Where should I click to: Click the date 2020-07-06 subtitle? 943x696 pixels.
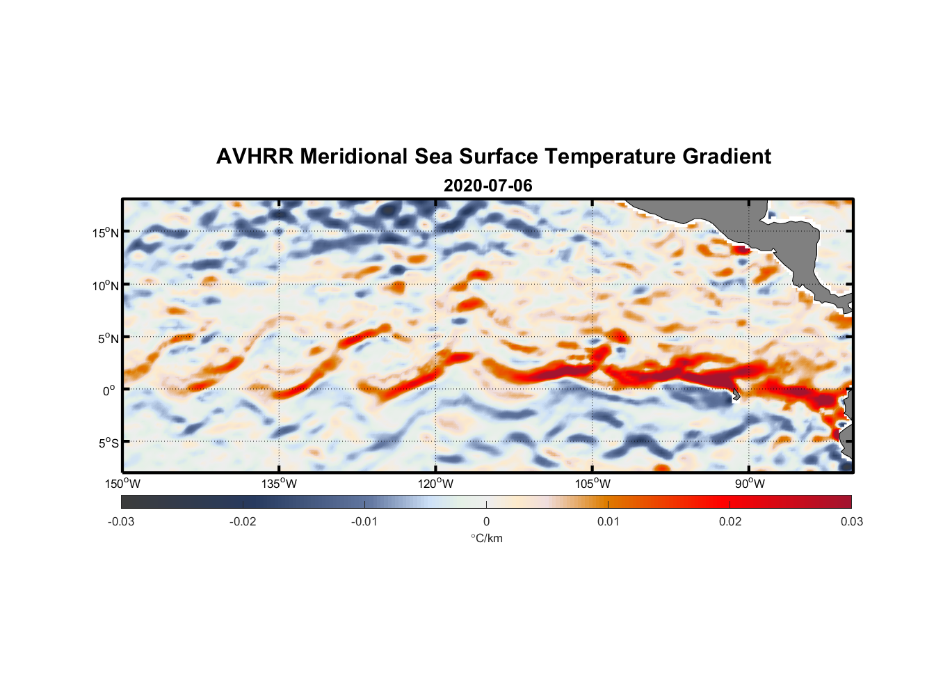pos(487,186)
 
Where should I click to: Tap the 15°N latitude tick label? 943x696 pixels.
pos(106,232)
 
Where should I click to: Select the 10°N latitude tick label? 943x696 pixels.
pos(106,285)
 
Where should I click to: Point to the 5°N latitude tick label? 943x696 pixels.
pos(108,338)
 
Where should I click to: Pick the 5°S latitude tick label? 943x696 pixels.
pos(107,443)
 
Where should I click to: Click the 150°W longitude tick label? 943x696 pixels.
pos(122,484)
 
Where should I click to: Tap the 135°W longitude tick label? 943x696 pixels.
pos(279,484)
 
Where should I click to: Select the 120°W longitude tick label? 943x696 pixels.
pos(435,484)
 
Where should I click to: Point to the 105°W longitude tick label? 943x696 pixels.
pos(593,484)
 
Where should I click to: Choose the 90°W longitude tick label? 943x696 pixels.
pos(750,484)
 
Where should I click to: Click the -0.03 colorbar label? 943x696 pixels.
pos(121,522)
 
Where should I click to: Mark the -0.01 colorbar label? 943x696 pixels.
pos(364,522)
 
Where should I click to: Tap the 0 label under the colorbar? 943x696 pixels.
pos(486,522)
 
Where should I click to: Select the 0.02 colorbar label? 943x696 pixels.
pos(730,522)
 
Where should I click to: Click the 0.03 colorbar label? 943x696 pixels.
pos(852,522)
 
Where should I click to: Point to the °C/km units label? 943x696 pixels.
pos(487,538)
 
